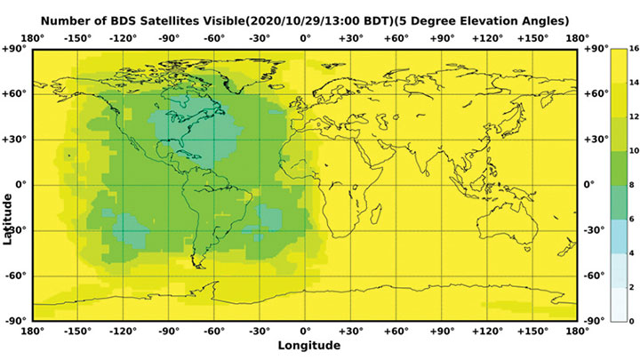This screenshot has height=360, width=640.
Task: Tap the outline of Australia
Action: pos(506,222)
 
